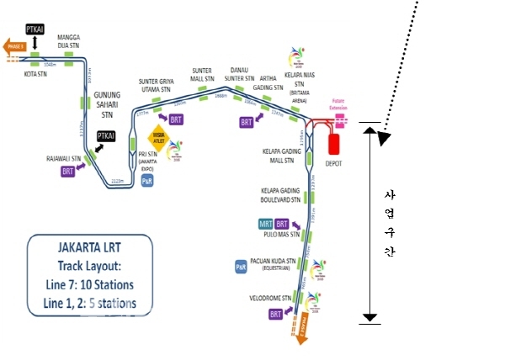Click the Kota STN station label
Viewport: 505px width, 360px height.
(36, 73)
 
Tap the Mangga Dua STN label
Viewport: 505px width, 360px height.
(69, 42)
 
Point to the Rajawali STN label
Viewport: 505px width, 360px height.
(63, 157)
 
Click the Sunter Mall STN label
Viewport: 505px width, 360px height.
(202, 75)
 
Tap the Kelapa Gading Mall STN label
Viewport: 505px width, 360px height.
(277, 156)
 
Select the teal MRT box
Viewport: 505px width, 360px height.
(266, 224)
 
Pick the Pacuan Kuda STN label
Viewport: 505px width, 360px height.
(274, 262)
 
